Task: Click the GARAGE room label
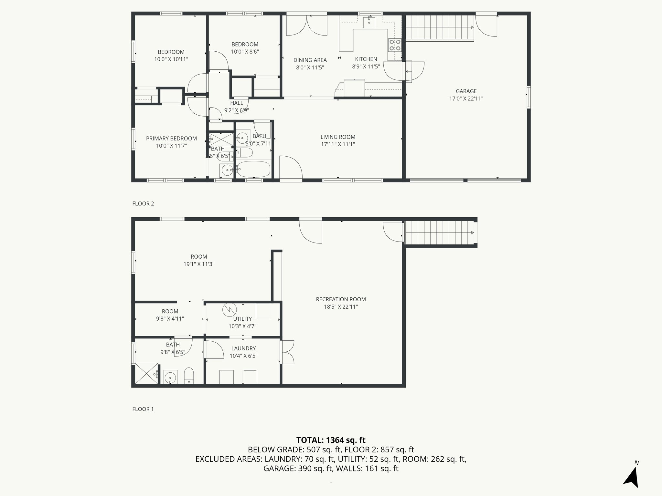click(x=466, y=91)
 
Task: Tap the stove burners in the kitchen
click(x=394, y=45)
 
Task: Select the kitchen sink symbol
click(x=369, y=22)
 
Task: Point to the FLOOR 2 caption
click(x=143, y=203)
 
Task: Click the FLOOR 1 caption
click(x=143, y=409)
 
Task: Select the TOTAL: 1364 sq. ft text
click(x=331, y=440)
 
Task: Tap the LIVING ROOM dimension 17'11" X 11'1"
click(x=338, y=144)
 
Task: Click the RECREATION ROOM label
click(x=341, y=299)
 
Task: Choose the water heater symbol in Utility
click(x=229, y=310)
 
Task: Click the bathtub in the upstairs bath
click(x=254, y=169)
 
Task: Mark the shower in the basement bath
click(x=146, y=374)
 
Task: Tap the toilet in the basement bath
click(x=189, y=376)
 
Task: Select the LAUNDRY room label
click(x=243, y=348)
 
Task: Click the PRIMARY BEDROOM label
click(x=171, y=139)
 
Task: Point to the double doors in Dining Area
click(x=306, y=26)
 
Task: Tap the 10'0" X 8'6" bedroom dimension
click(x=245, y=52)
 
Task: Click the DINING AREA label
click(x=310, y=60)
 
